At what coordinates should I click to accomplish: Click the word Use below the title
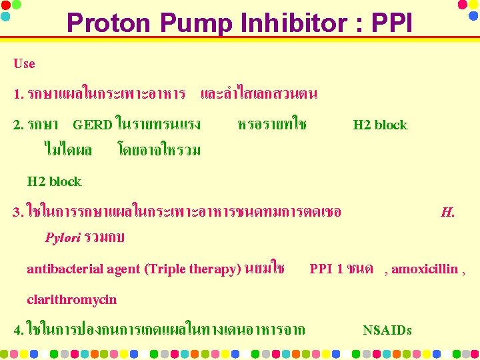[24, 64]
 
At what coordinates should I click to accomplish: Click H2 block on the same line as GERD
[380, 125]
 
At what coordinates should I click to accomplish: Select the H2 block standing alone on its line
[54, 181]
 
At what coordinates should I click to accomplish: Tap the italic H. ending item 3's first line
[447, 213]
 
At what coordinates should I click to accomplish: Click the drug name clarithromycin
[71, 299]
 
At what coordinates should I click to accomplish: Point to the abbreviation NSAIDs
[387, 330]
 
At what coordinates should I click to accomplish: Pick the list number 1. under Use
[19, 94]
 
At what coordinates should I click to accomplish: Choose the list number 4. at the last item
[19, 329]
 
